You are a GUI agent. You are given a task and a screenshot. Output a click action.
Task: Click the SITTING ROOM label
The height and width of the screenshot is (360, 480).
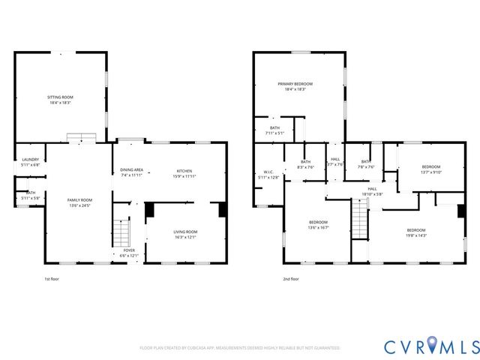(x=60, y=97)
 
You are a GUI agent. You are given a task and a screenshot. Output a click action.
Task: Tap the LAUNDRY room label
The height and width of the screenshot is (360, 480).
(x=31, y=159)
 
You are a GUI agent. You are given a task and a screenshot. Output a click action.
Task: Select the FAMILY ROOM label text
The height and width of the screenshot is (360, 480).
(x=79, y=199)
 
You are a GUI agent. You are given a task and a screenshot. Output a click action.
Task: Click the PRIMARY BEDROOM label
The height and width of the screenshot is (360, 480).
(x=295, y=83)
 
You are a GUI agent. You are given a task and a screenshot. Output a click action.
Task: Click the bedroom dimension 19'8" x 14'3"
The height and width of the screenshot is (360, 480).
(x=416, y=235)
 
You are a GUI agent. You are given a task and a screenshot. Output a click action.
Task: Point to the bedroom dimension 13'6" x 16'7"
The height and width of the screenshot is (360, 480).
(x=319, y=227)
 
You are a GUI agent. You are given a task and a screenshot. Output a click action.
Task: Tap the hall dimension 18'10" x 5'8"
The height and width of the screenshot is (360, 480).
(x=372, y=194)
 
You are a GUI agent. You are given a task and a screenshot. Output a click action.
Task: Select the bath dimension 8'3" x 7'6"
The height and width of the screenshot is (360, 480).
(x=305, y=166)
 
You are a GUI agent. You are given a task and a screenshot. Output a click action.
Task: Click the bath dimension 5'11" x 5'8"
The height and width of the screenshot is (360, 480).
(x=31, y=198)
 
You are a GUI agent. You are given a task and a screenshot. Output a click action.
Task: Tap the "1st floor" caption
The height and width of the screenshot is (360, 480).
(x=52, y=279)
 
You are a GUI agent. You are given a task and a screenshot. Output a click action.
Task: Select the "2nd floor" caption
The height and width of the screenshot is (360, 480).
(x=291, y=279)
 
